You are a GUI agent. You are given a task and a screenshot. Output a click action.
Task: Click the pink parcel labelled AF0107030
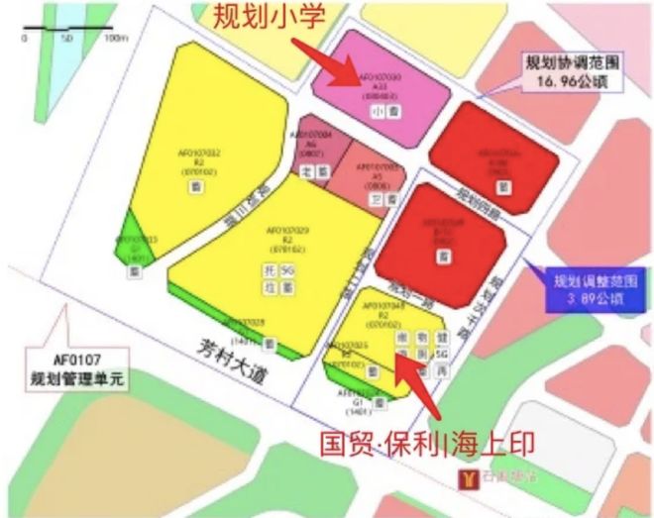tap(381, 79)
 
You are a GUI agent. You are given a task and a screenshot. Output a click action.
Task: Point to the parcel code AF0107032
tap(199, 155)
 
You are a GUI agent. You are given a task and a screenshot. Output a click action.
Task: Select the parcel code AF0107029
tap(288, 235)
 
